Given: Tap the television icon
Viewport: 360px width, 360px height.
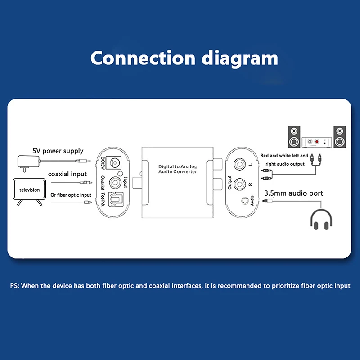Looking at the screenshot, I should (29, 193).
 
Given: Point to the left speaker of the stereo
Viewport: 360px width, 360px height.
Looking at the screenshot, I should (294, 136).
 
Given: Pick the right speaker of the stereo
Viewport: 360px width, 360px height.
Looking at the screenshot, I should (340, 136).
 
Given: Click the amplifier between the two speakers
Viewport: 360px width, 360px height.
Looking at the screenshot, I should (317, 142).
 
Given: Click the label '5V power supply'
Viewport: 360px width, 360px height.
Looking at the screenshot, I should (58, 151).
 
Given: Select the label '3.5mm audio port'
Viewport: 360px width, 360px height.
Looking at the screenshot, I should (293, 193).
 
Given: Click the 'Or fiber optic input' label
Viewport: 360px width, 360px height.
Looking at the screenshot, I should (71, 195).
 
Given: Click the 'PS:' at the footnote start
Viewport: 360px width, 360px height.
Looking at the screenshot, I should (15, 286).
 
